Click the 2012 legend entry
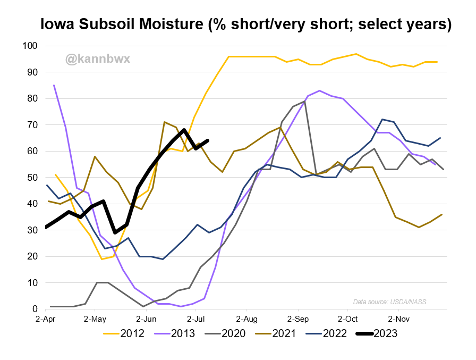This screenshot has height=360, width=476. click(124, 333)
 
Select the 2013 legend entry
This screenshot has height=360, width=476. click(175, 333)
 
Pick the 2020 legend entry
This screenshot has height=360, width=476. click(225, 333)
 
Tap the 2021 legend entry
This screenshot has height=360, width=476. click(276, 333)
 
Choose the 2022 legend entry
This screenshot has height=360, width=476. click(326, 333)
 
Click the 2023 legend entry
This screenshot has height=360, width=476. click(377, 333)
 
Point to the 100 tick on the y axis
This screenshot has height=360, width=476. click(30, 46)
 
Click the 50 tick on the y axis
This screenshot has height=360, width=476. click(32, 178)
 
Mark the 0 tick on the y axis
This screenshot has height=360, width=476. click(35, 309)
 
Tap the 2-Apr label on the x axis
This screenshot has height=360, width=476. click(46, 319)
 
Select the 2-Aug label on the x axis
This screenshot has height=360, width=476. click(246, 319)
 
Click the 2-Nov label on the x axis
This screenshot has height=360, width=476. click(399, 319)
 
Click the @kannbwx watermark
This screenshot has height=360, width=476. click(98, 59)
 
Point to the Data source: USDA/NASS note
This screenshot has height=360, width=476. click(389, 302)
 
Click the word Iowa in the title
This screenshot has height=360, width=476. click(57, 24)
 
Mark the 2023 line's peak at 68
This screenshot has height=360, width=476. click(184, 130)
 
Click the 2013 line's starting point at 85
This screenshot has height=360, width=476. click(54, 86)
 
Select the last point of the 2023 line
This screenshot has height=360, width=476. click(208, 140)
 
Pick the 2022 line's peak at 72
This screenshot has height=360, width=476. click(382, 120)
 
